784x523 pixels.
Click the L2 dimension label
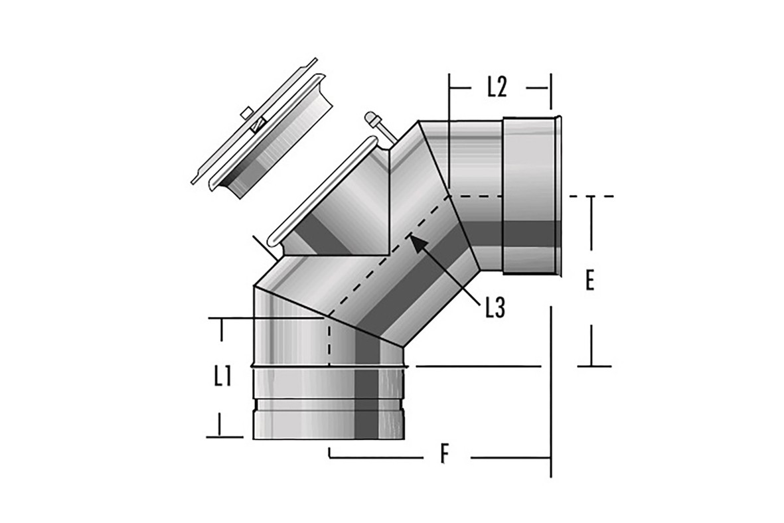click(497, 88)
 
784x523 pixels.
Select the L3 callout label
click(495, 308)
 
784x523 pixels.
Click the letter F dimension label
click(445, 455)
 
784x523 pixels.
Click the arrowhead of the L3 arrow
click(418, 242)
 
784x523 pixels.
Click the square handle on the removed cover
click(246, 113)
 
